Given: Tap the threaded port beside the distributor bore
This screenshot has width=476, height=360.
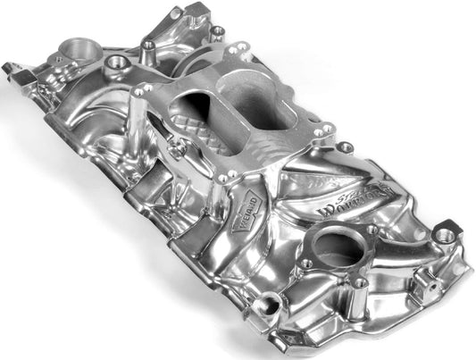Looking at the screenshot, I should [x=117, y=63].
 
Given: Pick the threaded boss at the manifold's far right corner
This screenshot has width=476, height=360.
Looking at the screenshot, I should [x=443, y=237].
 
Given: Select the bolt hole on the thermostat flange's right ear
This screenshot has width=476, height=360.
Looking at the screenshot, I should [x=370, y=230].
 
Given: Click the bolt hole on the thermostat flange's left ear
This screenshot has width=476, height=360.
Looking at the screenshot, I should [x=306, y=264].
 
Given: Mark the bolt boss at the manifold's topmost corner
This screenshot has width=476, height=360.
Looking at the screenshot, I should [x=216, y=30].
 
